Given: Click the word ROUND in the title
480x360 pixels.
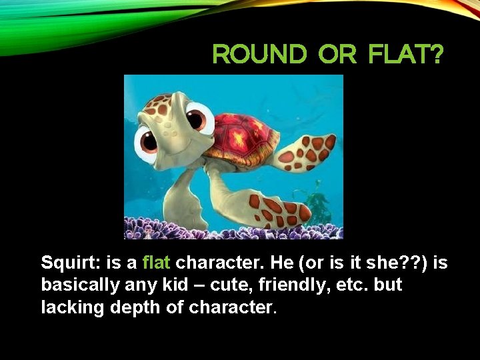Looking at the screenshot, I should coord(259,55).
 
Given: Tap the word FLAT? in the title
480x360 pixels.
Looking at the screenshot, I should coord(405,55).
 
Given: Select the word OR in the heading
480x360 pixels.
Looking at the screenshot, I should coord(337,55).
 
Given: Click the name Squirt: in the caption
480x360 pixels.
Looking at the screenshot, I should coord(69,263).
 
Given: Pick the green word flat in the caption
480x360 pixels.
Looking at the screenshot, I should coord(157,263).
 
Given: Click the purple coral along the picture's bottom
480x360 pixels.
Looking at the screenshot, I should coord(233,230).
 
